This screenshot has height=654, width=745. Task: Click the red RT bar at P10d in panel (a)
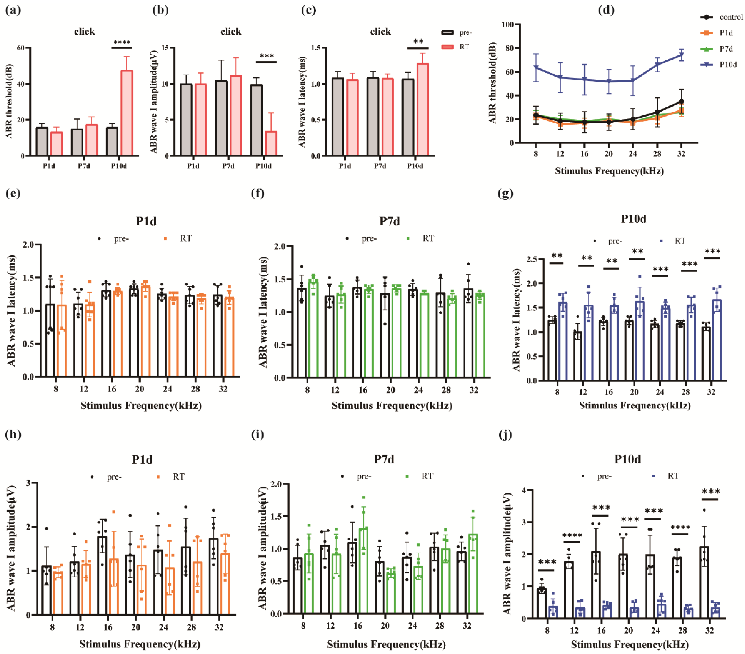click(x=126, y=113)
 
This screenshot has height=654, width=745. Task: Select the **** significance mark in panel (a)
click(x=122, y=43)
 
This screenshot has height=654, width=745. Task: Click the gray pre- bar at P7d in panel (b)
click(x=221, y=118)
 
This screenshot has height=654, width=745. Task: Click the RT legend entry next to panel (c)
click(x=456, y=47)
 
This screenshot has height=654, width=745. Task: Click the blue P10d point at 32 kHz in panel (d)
click(x=681, y=55)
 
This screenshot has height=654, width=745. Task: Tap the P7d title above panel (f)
click(x=389, y=221)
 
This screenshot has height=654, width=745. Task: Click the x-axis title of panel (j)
click(x=630, y=644)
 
